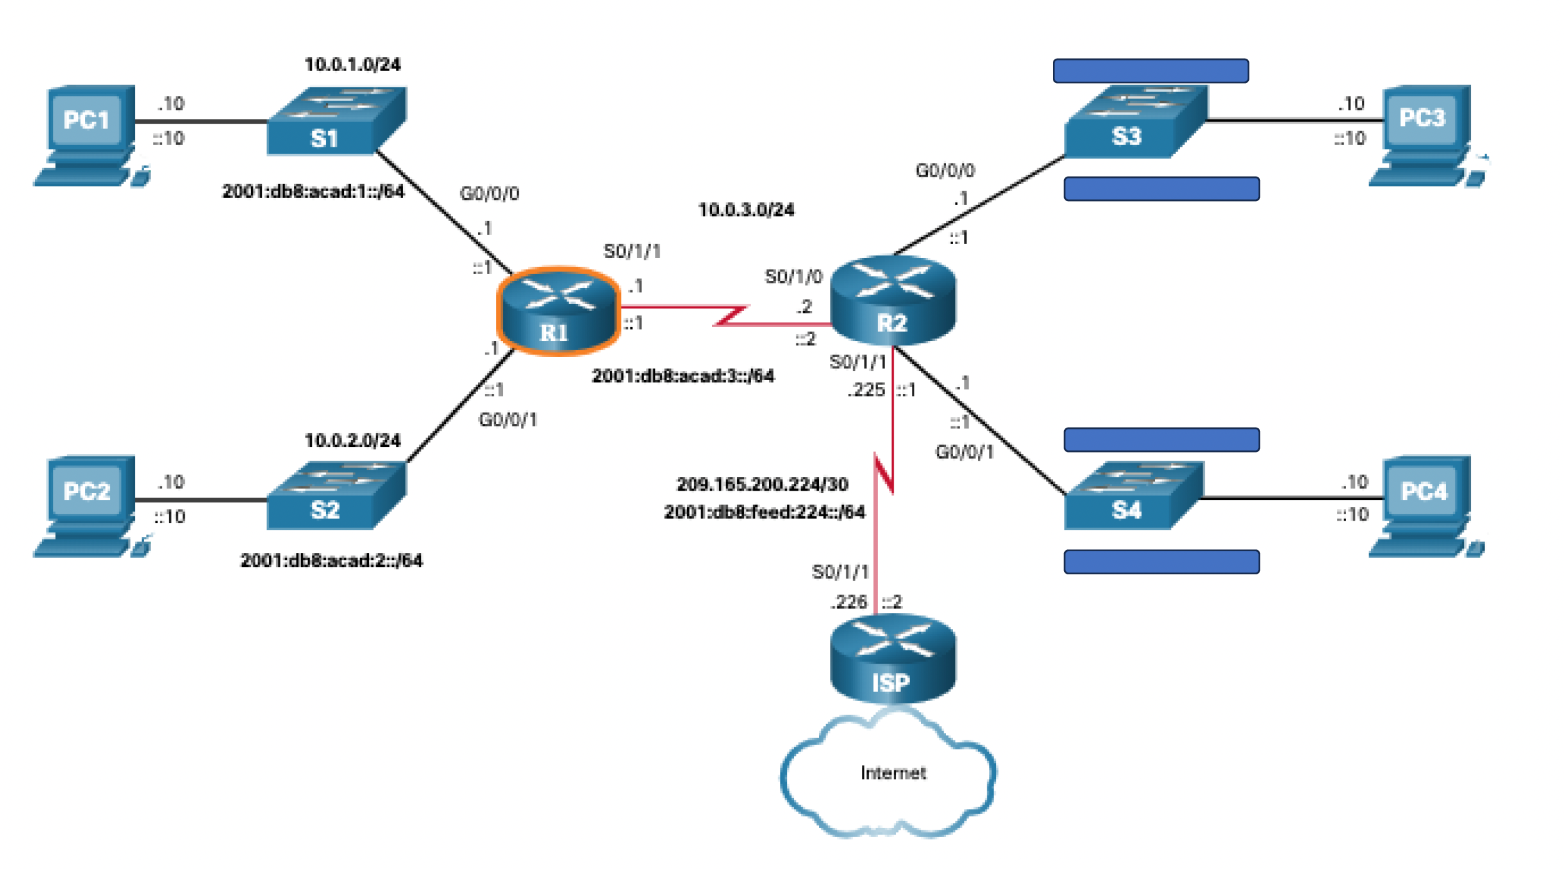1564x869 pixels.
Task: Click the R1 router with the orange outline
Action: [x=559, y=311]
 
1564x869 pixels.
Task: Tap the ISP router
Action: [x=892, y=659]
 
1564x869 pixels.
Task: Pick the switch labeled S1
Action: [x=336, y=122]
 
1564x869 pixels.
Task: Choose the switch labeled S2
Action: [x=336, y=496]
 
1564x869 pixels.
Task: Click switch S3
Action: [x=1135, y=122]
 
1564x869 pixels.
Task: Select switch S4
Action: [x=1133, y=496]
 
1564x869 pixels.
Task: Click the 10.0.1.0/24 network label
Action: [x=353, y=65]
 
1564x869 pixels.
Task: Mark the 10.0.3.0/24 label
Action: [x=746, y=210]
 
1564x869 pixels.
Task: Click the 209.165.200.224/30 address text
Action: [x=762, y=484]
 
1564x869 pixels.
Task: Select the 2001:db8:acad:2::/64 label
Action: [x=331, y=561]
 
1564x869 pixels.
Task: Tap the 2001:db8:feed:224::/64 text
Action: [x=764, y=513]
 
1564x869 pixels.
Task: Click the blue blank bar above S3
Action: [x=1150, y=71]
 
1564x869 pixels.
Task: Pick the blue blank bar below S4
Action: [x=1161, y=562]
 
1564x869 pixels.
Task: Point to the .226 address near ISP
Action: [x=849, y=602]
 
